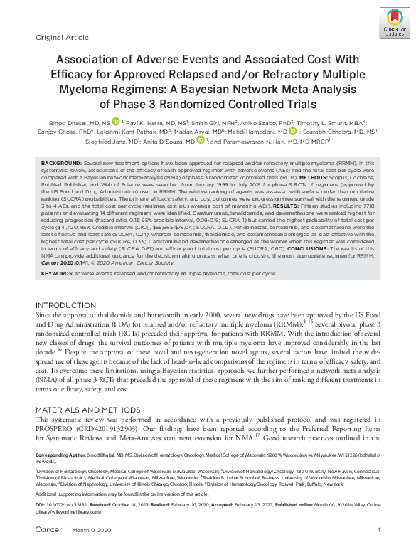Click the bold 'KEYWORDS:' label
tap(57, 272)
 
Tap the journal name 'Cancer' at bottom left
tap(46, 549)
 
